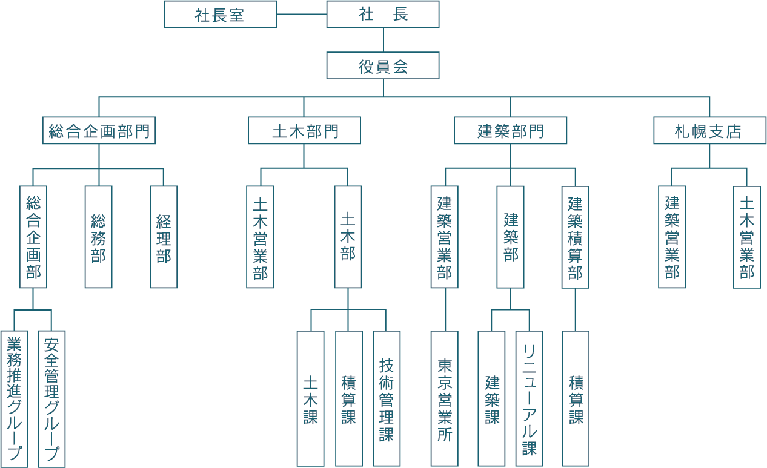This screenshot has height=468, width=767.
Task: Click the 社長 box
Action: tap(382, 15)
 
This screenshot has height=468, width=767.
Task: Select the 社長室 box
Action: tap(220, 15)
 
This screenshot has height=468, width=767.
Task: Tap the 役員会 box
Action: tap(382, 65)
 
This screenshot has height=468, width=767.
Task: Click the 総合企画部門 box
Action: tap(99, 131)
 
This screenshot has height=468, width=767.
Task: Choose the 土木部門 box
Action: tap(304, 131)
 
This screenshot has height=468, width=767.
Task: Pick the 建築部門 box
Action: tap(510, 131)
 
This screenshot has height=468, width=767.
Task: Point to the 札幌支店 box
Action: tap(709, 131)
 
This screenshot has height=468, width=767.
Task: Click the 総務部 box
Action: tap(98, 237)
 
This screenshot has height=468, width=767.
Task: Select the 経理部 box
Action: tap(164, 237)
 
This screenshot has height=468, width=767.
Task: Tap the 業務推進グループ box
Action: tap(15, 398)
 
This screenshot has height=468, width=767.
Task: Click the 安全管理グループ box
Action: tap(51, 398)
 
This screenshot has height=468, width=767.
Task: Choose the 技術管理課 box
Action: tap(387, 398)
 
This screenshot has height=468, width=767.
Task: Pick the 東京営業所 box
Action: tap(444, 398)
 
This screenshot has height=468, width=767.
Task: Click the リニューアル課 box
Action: tap(529, 398)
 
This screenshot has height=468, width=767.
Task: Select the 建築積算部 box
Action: tap(575, 237)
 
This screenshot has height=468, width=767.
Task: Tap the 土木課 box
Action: tap(310, 398)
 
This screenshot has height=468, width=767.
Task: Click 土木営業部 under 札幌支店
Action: tap(746, 237)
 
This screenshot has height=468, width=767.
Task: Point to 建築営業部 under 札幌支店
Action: tap(672, 237)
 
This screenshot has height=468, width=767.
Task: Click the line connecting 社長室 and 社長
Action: tap(301, 15)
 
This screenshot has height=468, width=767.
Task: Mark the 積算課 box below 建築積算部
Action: tap(576, 398)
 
